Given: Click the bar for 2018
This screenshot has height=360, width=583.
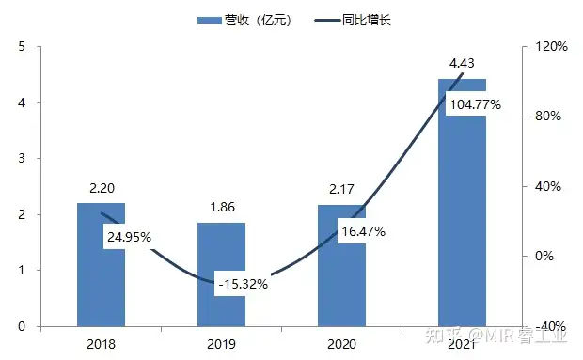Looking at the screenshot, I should (101, 282).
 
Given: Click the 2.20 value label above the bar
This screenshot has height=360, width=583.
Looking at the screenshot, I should (101, 188).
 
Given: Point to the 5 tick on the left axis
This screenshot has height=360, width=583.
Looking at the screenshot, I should (22, 47).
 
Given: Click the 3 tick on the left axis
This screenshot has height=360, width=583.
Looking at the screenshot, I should (22, 159).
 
